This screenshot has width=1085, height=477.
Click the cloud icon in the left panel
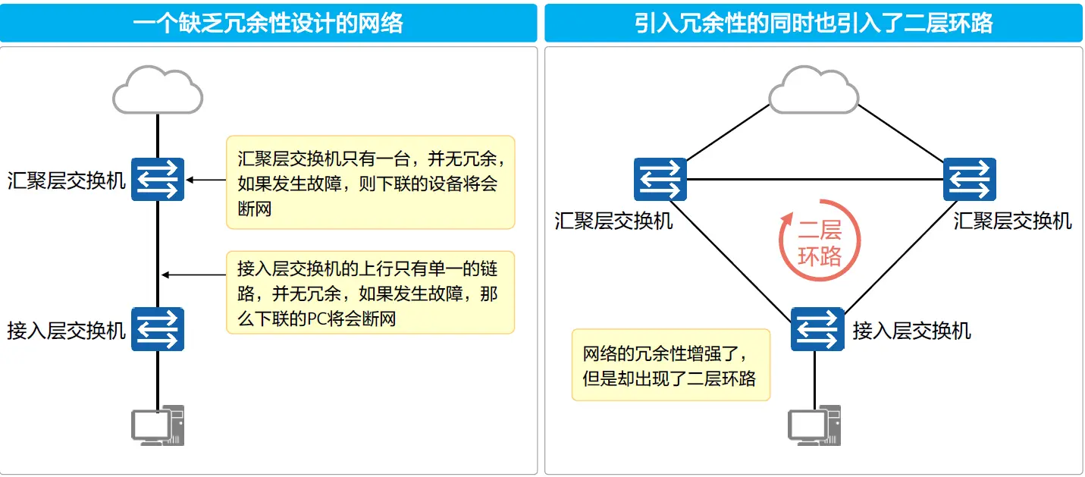pyautogui.click(x=158, y=90)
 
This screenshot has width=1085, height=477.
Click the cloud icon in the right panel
pyautogui.click(x=814, y=90)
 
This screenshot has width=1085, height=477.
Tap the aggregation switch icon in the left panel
pyautogui.click(x=158, y=179)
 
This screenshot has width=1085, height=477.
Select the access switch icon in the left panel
pyautogui.click(x=158, y=329)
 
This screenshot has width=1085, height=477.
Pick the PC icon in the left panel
pyautogui.click(x=158, y=425)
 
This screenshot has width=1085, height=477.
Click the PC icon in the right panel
pyautogui.click(x=814, y=425)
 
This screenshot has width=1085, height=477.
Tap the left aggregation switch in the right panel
pyautogui.click(x=660, y=179)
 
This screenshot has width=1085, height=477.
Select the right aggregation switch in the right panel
pyautogui.click(x=970, y=179)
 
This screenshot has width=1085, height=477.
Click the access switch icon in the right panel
pyautogui.click(x=817, y=329)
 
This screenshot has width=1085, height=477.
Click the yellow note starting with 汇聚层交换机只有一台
pyautogui.click(x=371, y=182)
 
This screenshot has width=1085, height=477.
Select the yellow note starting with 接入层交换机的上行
pyautogui.click(x=371, y=293)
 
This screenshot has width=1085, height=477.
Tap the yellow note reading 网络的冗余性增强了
pyautogui.click(x=671, y=365)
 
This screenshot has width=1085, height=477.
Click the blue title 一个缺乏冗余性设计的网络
pyautogui.click(x=268, y=23)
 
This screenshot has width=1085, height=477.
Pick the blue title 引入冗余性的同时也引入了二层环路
pyautogui.click(x=814, y=23)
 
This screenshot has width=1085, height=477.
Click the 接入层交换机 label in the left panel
pyautogui.click(x=67, y=331)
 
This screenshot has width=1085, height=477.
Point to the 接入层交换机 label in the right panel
pyautogui.click(x=911, y=331)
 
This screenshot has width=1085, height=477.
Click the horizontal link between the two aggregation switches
pyautogui.click(x=815, y=179)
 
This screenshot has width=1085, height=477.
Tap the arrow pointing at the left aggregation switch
pyautogui.click(x=206, y=180)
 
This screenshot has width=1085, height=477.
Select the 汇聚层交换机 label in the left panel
pyautogui.click(x=67, y=181)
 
